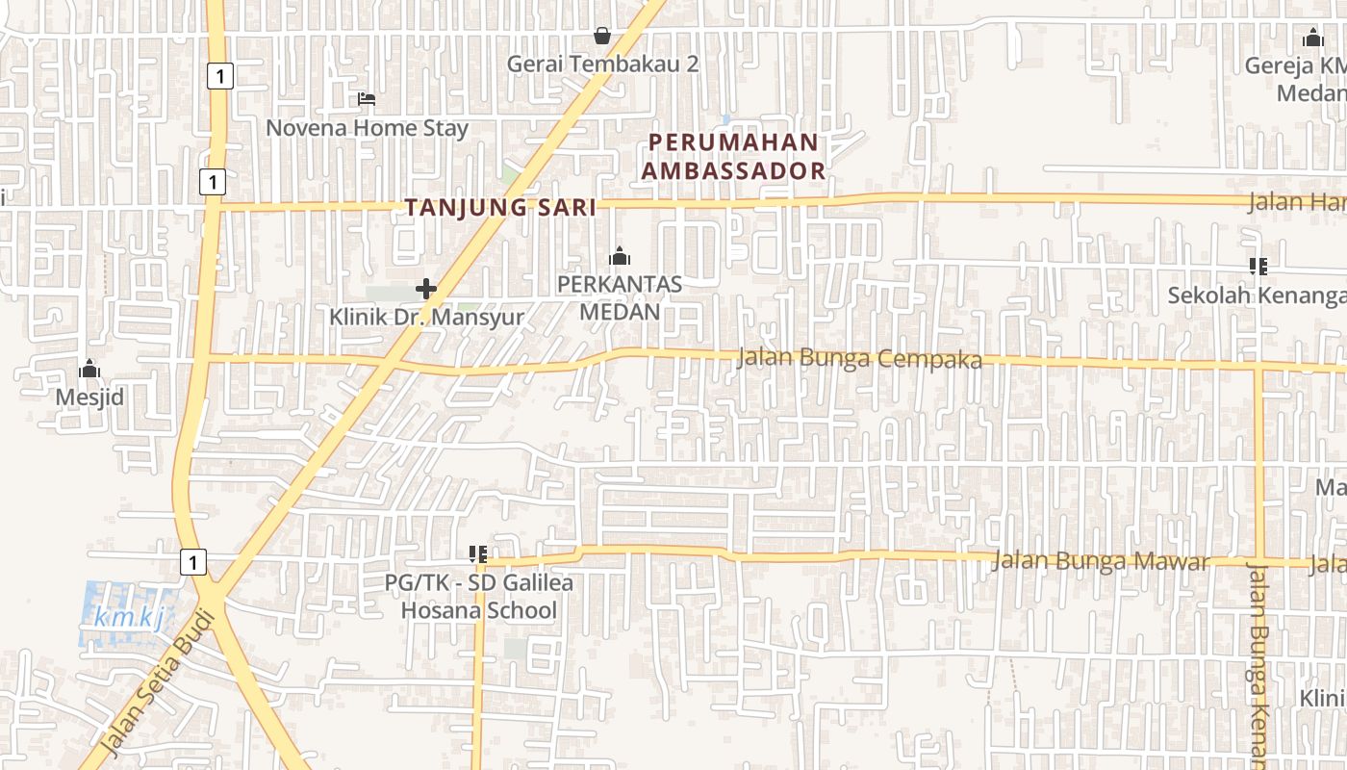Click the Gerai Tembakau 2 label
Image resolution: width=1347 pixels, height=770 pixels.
[602, 64]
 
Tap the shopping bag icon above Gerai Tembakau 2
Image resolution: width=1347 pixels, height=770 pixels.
[602, 36]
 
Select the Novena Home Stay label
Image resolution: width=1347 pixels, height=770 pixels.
[367, 128]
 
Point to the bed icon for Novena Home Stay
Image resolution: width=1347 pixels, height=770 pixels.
[366, 98]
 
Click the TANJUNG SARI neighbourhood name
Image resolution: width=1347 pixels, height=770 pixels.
[500, 207]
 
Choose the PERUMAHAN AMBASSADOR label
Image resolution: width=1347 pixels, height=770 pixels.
[735, 156]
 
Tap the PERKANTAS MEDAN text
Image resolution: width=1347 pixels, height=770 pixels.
[620, 298]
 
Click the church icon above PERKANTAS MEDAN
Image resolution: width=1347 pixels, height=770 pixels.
[620, 256]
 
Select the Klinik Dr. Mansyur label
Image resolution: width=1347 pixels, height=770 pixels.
[427, 317]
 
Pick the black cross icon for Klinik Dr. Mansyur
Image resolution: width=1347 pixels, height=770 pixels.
[426, 288]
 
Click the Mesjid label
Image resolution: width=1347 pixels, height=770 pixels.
[89, 397]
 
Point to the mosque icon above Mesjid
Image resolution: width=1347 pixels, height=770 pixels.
[89, 369]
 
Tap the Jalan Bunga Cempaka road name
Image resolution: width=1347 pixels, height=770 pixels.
[859, 359]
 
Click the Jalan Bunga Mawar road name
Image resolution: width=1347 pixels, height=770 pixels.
[1100, 561]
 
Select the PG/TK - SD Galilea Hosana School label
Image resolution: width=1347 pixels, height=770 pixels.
[478, 597]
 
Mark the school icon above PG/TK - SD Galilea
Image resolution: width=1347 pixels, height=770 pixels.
[478, 554]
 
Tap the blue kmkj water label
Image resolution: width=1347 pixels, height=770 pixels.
[130, 618]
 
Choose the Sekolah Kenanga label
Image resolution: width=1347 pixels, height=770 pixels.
[1257, 295]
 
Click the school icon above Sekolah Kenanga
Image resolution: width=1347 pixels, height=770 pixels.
[1258, 266]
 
